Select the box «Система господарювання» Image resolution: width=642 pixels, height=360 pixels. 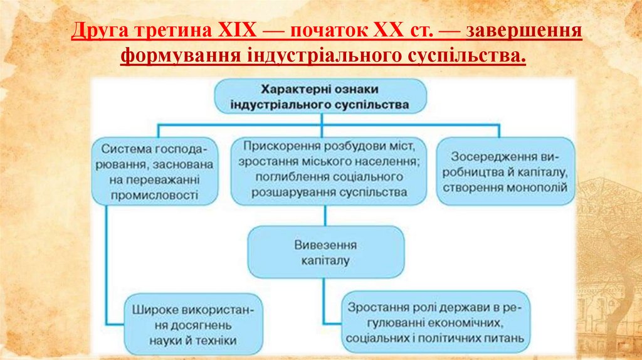pos(156,172)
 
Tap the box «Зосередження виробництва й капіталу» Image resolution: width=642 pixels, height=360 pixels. pos(505,172)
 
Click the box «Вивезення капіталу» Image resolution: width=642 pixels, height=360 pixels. pos(326,251)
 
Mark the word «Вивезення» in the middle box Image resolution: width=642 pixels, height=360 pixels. pos(326,244)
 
